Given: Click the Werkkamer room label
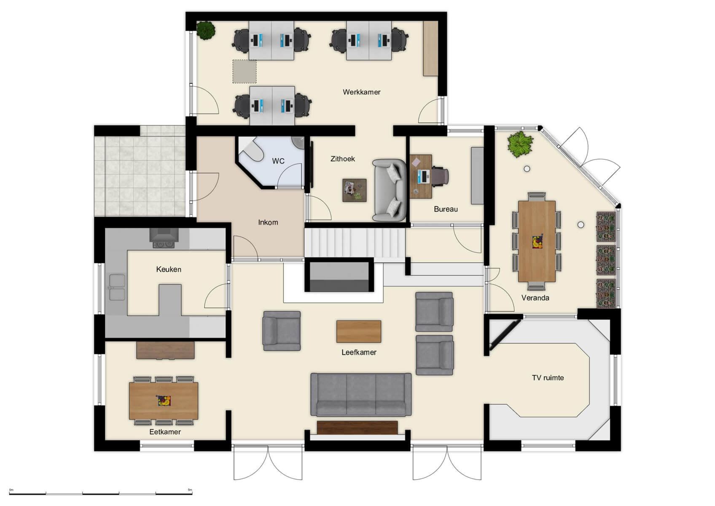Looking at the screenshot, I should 361,92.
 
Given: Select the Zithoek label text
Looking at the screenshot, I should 342,159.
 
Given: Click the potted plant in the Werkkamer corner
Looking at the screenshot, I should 206,30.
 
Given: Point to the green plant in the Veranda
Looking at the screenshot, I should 520,144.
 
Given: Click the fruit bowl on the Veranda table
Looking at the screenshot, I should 537,242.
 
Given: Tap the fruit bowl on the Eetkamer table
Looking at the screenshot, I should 164,400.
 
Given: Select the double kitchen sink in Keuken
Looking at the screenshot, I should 117,287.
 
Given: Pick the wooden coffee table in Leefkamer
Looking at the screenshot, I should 359,331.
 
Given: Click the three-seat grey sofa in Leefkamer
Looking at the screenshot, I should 361,395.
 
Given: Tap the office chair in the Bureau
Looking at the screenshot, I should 440,176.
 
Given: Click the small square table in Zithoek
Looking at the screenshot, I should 354,190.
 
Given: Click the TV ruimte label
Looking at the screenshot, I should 548,378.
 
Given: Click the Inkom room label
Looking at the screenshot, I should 268,223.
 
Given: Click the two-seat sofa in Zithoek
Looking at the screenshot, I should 389,190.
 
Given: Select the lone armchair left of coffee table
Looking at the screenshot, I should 282,331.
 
